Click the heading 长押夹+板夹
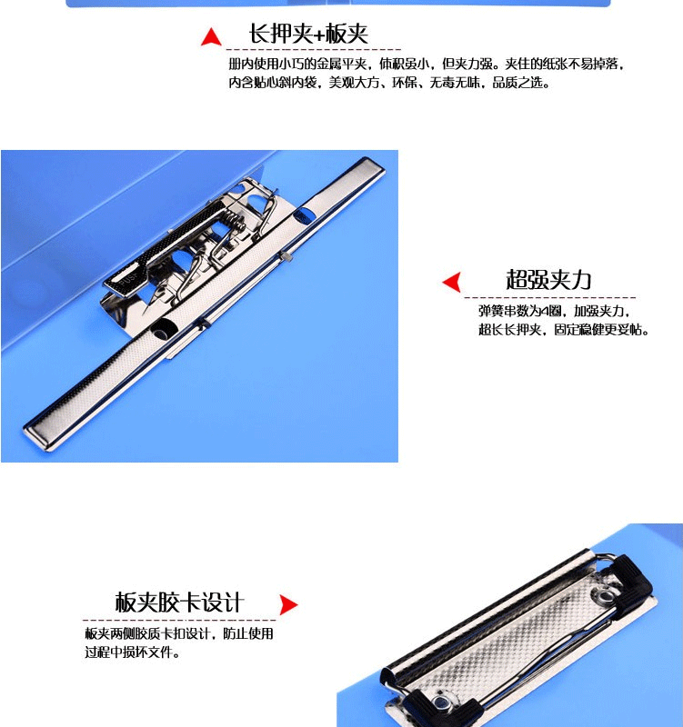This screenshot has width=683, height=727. pos(308,34)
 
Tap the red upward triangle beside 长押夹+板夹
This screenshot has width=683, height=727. pos(211,37)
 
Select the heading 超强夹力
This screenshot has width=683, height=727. pos(548,280)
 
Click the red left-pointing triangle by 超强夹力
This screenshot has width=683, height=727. pos(452,282)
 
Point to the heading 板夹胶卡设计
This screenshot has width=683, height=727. pos(179,603)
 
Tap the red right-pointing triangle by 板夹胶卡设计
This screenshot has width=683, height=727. pos(288,605)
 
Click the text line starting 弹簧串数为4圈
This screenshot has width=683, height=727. pos(554,311)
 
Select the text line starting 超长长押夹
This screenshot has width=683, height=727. pos(563,330)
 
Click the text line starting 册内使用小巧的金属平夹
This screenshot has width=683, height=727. pos(426,64)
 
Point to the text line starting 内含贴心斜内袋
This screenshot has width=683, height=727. pos(389,83)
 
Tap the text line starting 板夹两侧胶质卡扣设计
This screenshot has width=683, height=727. pos(179,633)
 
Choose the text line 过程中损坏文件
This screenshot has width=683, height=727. pos(132,652)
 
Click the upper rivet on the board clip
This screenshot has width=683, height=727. pos(604,596)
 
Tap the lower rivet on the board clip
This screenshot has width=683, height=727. pos(441,705)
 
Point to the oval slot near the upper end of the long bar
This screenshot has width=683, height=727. pos(303,215)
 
